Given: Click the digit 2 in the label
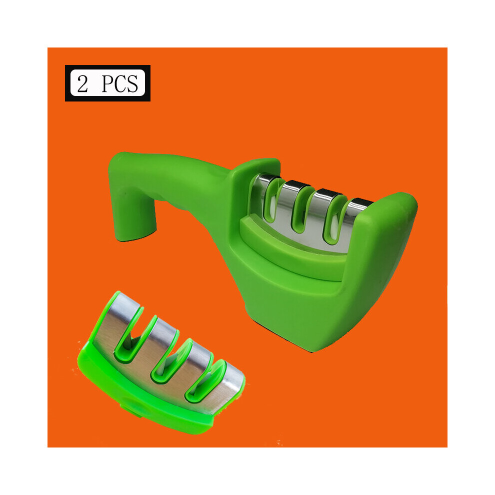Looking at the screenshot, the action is coord(82,83).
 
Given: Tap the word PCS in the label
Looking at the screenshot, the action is coord(119,83).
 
